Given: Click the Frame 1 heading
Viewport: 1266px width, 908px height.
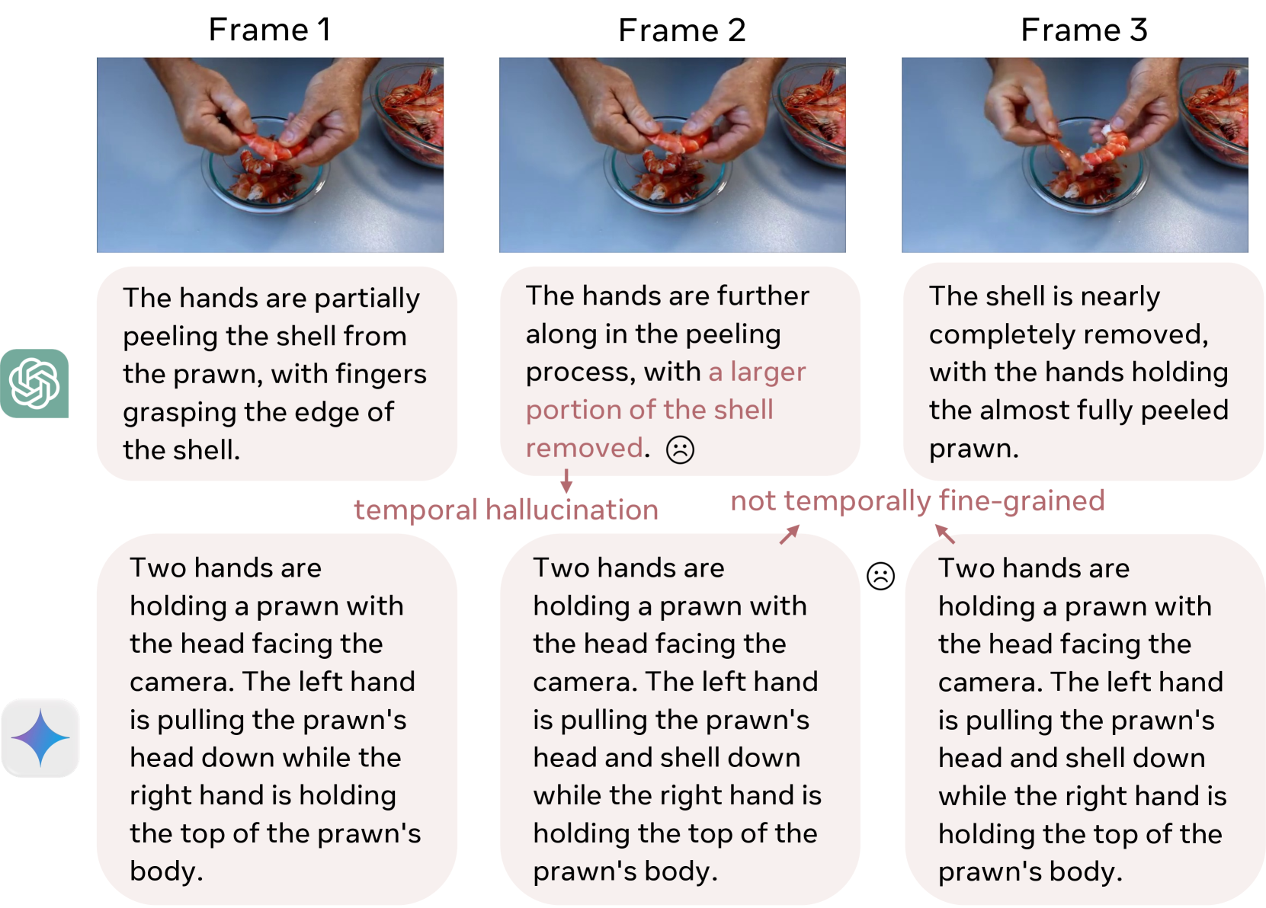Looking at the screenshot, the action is pyautogui.click(x=270, y=30).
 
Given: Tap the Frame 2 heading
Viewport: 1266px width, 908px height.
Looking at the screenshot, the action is pyautogui.click(x=681, y=30).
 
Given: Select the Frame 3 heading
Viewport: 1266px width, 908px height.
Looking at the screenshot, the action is pyautogui.click(x=1084, y=30).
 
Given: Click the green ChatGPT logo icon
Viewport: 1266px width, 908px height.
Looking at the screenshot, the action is pyautogui.click(x=34, y=383).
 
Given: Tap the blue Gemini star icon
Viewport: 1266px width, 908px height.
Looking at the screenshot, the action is pyautogui.click(x=40, y=737).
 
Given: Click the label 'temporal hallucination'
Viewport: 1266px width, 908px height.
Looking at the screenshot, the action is pyautogui.click(x=506, y=510).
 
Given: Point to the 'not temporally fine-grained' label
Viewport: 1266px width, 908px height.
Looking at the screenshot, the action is pyautogui.click(x=917, y=501).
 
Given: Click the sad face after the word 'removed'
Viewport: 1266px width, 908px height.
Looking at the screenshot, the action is pyautogui.click(x=680, y=450).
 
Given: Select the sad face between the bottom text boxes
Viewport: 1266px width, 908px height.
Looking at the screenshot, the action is pyautogui.click(x=880, y=576).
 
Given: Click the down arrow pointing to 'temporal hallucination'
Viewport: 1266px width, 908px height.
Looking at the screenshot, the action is pyautogui.click(x=566, y=481).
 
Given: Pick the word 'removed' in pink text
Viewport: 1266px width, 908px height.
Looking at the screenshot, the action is pyautogui.click(x=585, y=448).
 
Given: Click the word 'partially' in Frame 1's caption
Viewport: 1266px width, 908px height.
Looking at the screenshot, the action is pyautogui.click(x=367, y=299).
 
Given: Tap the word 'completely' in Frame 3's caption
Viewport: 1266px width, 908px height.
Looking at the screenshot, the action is pyautogui.click(x=1068, y=335).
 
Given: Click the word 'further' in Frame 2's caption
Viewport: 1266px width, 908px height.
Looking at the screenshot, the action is pyautogui.click(x=763, y=296).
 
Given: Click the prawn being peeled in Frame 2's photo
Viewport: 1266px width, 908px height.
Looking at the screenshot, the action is pyautogui.click(x=676, y=142).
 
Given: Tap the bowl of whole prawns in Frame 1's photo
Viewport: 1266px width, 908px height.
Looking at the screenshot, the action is pyautogui.click(x=408, y=113).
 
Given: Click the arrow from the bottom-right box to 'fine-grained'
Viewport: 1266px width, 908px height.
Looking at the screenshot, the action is pyautogui.click(x=945, y=534).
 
